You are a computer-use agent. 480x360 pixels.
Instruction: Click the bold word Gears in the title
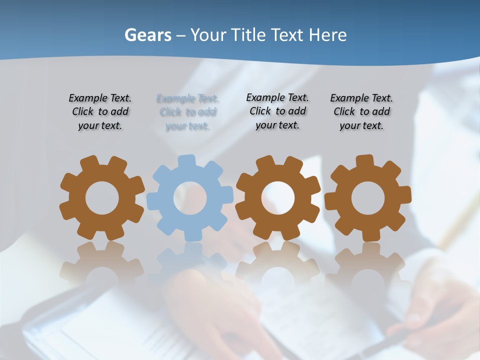pos(147,35)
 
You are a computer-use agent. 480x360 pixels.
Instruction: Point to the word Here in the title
pos(327,35)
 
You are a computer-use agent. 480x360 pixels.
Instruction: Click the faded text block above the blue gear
pos(187,112)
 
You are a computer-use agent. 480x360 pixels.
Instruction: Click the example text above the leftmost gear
pos(100,112)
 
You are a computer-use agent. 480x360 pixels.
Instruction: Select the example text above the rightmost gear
pos(361,112)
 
